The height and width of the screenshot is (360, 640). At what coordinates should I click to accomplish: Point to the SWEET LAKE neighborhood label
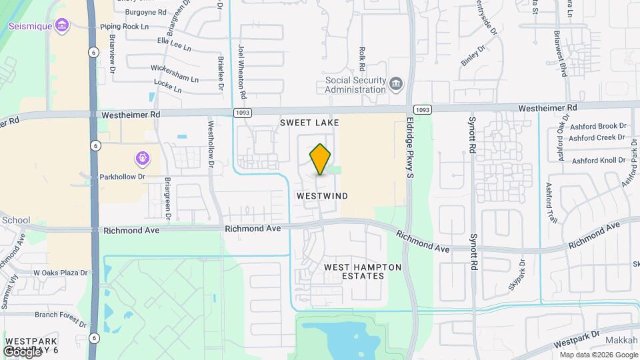[309, 123]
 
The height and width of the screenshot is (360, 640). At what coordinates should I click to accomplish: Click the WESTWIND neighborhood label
[322, 196]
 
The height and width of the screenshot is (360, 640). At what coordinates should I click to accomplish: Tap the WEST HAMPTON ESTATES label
[363, 271]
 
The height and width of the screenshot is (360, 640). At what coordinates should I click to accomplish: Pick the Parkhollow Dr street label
[122, 177]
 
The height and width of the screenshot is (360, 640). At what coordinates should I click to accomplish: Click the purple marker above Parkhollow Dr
[141, 159]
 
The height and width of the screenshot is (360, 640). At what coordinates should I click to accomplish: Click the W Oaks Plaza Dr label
[61, 273]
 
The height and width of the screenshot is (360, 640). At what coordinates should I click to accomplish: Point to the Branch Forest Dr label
[61, 315]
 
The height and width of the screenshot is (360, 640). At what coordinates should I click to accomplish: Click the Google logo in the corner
[21, 351]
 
